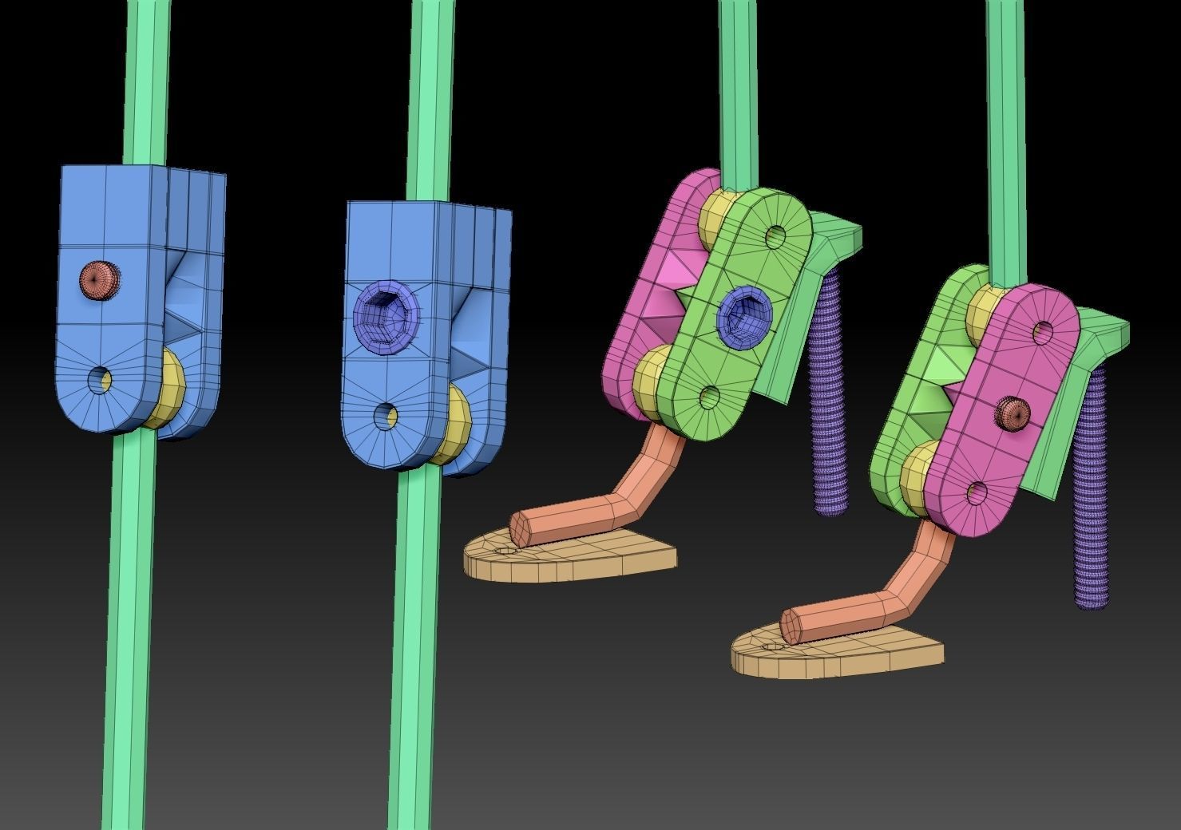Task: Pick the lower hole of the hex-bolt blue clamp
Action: coord(386,415)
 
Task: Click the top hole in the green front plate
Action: coord(775,235)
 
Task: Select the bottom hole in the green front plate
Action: coord(708,397)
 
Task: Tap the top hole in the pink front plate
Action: coord(1043,330)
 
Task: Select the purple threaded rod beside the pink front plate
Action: coord(1091,495)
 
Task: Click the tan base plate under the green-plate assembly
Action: coord(575,559)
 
